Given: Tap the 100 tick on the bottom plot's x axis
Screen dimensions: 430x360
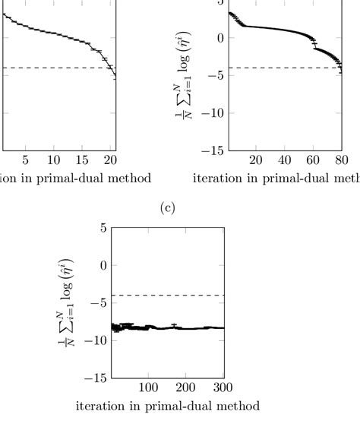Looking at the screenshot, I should click(148, 387).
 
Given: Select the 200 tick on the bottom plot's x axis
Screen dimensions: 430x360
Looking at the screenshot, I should click(187, 387).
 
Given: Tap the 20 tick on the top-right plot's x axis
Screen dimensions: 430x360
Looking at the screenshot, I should click(256, 160).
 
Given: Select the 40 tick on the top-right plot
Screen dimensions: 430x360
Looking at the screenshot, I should click(285, 160).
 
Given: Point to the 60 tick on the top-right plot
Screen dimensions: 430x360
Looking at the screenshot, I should click(313, 160).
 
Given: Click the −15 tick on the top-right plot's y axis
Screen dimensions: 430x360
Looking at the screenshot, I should click(213, 150).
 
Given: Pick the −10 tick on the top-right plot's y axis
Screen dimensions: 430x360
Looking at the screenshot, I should click(213, 113).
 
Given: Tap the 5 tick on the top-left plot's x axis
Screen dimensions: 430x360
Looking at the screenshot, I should click(25, 160).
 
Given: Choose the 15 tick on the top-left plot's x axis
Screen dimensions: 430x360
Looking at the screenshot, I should click(82, 160).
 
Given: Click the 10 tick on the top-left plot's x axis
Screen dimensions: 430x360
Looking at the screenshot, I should click(53, 160).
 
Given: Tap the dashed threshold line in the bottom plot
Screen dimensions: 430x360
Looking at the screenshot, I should click(167, 296).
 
